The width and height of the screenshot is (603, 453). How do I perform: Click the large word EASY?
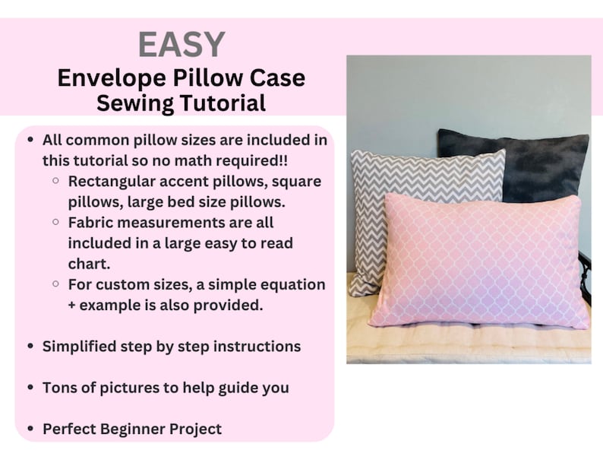click(x=181, y=44)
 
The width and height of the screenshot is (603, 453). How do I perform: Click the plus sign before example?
click(x=73, y=305)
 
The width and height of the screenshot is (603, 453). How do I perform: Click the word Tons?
click(x=59, y=387)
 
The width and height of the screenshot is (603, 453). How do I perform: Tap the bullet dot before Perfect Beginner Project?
click(x=30, y=429)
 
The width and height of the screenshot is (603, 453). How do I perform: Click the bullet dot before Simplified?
click(x=30, y=346)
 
